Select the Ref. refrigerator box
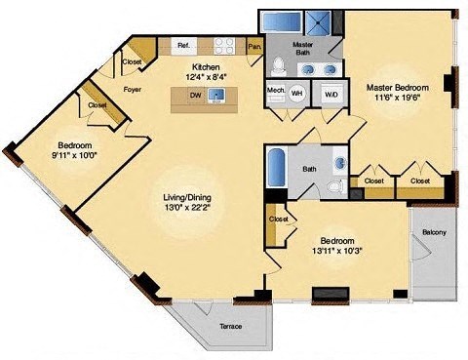(182, 46)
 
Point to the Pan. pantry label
(254, 46)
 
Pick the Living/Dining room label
(186, 197)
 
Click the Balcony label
(435, 232)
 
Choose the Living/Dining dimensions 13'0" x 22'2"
(186, 208)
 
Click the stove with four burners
(223, 45)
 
